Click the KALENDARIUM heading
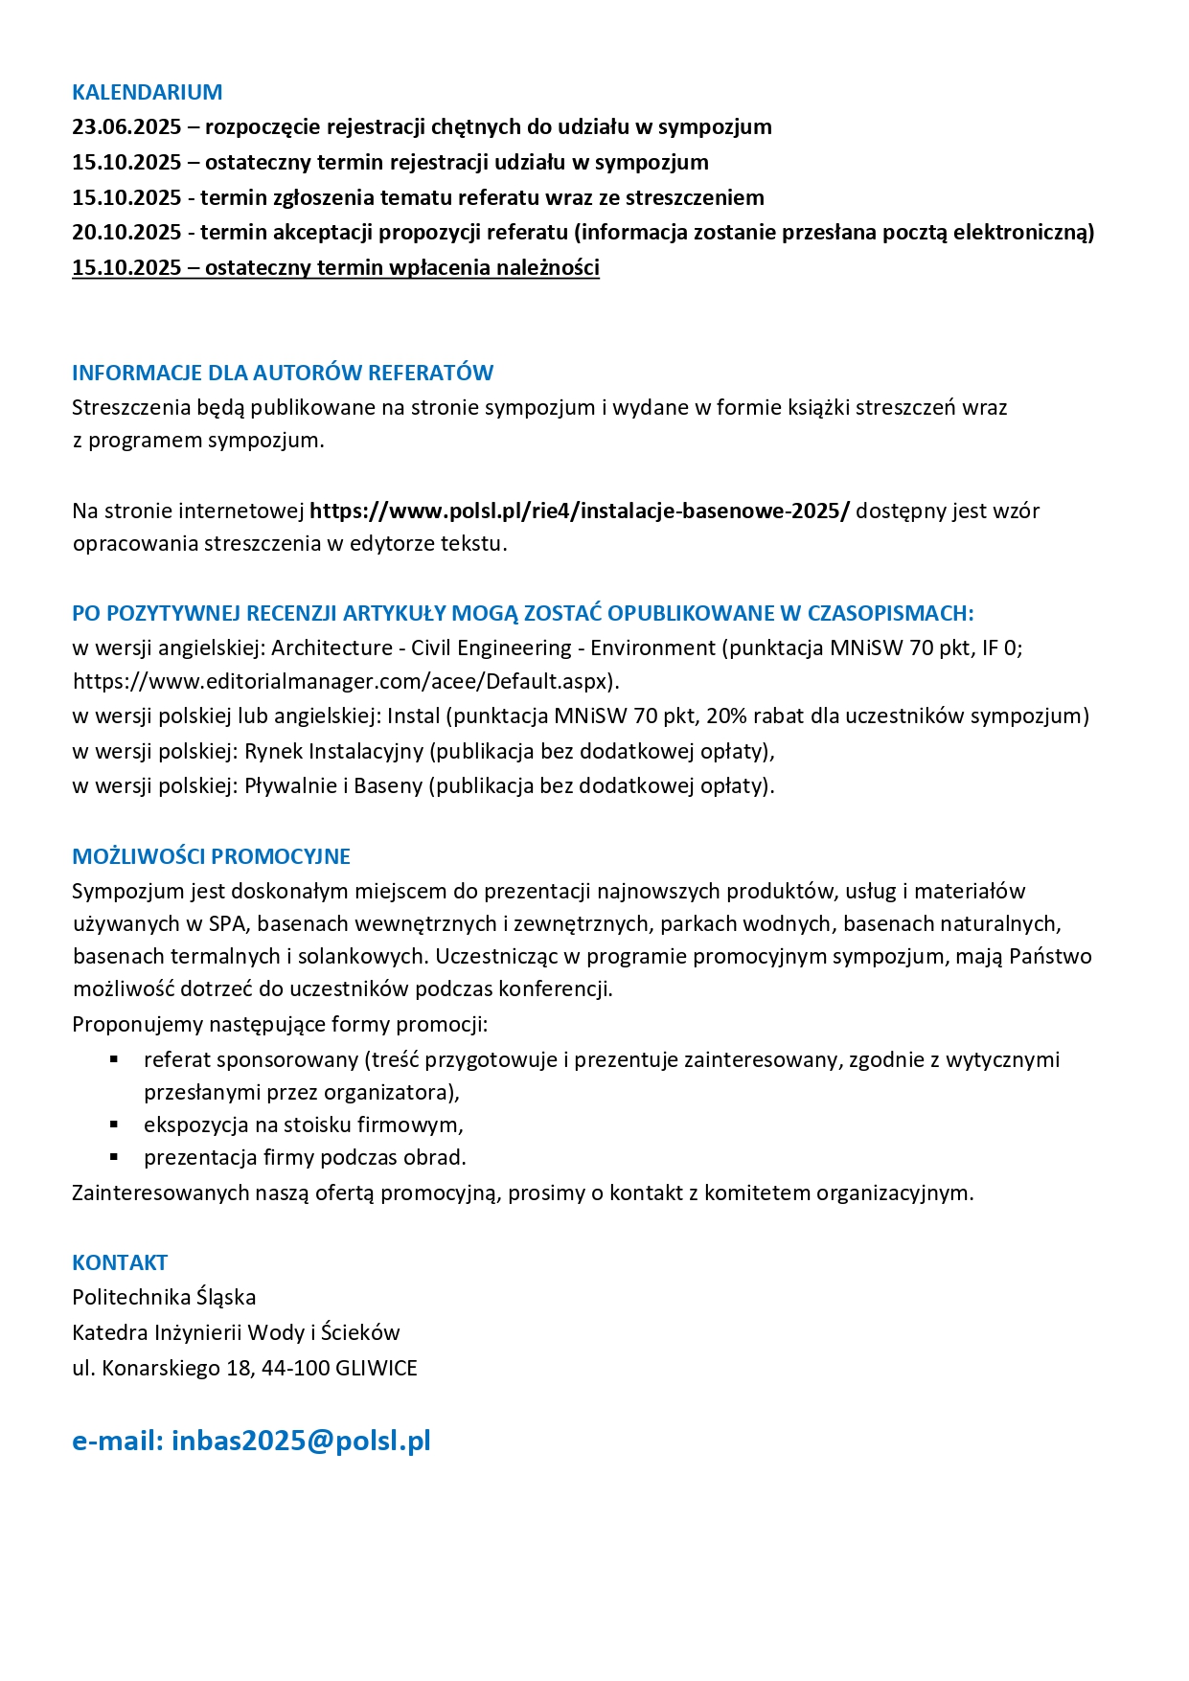coord(147,92)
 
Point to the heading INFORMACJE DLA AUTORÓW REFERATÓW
coord(283,373)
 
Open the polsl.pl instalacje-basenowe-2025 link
coord(579,511)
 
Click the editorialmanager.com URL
coord(345,682)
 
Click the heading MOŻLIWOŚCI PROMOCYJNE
coord(211,856)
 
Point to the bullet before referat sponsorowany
coord(114,1059)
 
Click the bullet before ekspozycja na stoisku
coord(114,1124)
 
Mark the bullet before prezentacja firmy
coord(114,1157)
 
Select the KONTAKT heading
coord(120,1262)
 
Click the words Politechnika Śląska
coord(164,1298)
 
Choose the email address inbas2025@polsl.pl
coord(301,1441)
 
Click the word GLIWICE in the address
coord(377,1369)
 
